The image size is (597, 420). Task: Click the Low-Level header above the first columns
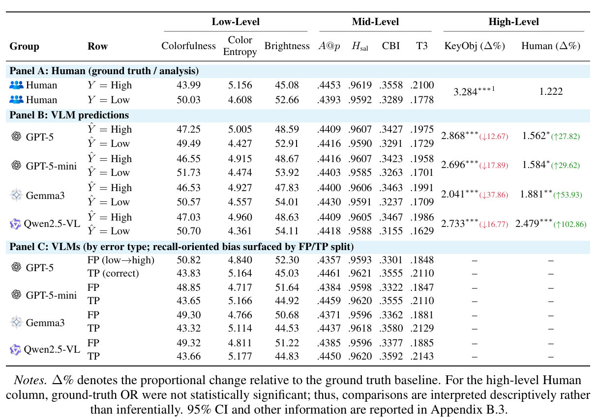click(x=236, y=22)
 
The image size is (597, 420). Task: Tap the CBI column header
click(x=391, y=46)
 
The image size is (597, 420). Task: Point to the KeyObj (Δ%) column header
click(x=475, y=46)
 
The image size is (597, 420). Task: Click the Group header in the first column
click(x=24, y=47)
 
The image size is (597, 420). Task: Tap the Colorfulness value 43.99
click(x=188, y=85)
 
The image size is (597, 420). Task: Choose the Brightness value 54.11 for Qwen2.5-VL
click(x=287, y=231)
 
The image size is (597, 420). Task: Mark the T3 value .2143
click(x=422, y=357)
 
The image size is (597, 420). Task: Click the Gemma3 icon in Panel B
click(x=16, y=195)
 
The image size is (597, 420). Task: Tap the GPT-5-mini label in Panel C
click(x=51, y=295)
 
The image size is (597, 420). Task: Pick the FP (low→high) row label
click(x=120, y=260)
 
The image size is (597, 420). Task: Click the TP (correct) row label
click(x=113, y=273)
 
